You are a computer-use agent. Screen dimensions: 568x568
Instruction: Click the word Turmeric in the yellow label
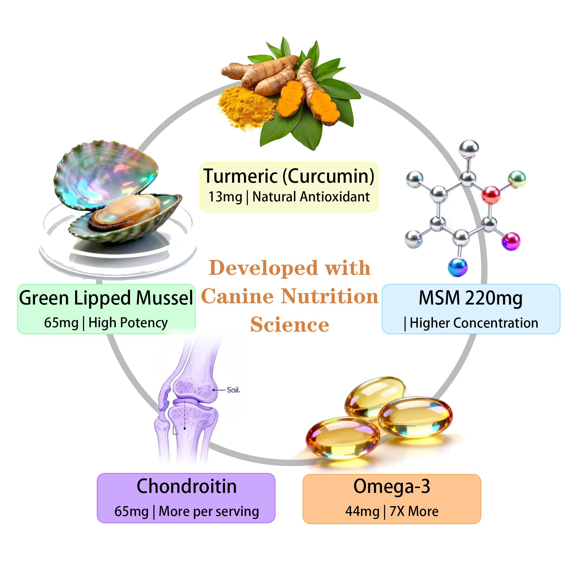(x=240, y=176)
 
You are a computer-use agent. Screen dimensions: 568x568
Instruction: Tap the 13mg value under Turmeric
(x=225, y=197)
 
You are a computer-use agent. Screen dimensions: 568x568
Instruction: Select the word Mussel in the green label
(x=164, y=298)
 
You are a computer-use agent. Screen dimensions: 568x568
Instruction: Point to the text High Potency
(x=128, y=323)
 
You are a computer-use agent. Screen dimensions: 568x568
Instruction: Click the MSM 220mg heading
(x=470, y=298)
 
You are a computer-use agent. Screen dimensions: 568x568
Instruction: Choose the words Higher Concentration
(x=474, y=323)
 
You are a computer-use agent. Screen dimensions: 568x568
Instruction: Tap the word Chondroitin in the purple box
(x=186, y=486)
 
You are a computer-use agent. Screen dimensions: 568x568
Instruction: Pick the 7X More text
(x=414, y=512)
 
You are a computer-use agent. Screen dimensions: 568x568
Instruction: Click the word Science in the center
(x=290, y=325)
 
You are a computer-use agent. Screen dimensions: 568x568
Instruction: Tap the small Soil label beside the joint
(x=233, y=390)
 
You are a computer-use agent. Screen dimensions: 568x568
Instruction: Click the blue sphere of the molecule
(x=457, y=267)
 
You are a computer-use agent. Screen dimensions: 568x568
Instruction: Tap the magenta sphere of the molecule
(x=511, y=241)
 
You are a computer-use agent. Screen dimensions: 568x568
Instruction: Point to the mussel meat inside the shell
(x=126, y=211)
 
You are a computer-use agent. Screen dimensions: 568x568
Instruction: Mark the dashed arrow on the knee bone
(x=185, y=417)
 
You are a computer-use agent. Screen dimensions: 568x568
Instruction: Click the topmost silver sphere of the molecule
(x=468, y=149)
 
